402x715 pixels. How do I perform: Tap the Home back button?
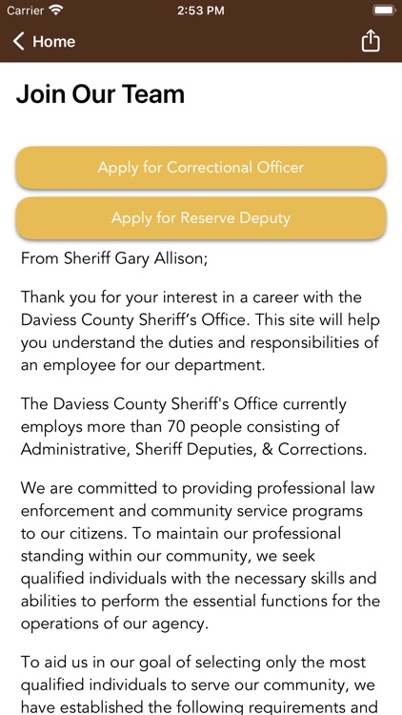(44, 42)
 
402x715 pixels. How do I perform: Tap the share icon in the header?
(371, 41)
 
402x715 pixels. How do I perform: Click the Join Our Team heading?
(100, 94)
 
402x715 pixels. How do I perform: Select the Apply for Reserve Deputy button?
(201, 218)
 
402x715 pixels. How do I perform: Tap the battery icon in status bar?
(383, 10)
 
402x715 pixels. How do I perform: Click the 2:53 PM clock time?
(200, 10)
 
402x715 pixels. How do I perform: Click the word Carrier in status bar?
(25, 10)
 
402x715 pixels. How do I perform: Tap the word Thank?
(43, 297)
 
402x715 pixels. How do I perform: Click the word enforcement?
(67, 511)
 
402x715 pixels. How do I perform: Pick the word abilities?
(48, 601)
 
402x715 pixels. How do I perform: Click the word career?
(256, 297)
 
